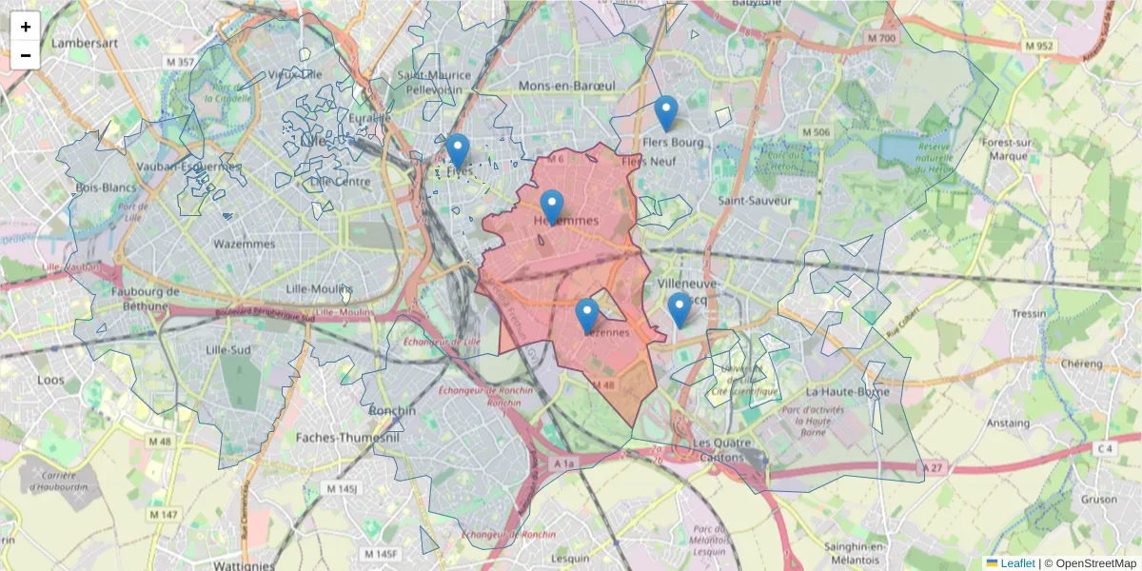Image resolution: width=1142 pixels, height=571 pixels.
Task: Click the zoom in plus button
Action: pos(26,27)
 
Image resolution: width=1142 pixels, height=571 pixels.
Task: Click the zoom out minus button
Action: pos(26,55)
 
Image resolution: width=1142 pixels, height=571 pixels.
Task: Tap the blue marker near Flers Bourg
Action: pos(666,113)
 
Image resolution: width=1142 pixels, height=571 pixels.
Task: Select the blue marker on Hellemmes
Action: pos(552,207)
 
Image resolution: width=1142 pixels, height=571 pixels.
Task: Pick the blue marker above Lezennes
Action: pos(587,315)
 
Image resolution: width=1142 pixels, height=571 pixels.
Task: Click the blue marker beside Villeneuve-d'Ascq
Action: pos(679,309)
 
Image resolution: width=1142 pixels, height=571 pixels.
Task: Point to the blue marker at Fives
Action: pos(458,150)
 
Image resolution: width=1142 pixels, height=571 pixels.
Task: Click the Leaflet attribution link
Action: pos(1016,563)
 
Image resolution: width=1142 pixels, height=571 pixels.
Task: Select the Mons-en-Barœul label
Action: pos(566,86)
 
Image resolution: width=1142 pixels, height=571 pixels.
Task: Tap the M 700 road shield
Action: pos(881,38)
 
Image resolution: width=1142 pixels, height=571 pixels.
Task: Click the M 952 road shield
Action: pos(1038,46)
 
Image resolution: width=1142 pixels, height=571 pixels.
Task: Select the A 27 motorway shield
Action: pos(936,467)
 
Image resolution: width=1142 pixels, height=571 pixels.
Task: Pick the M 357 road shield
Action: pos(178,63)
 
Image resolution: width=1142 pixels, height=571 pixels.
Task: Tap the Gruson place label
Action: pos(1098,500)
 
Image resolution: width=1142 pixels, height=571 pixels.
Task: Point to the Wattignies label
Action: pos(245,564)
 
